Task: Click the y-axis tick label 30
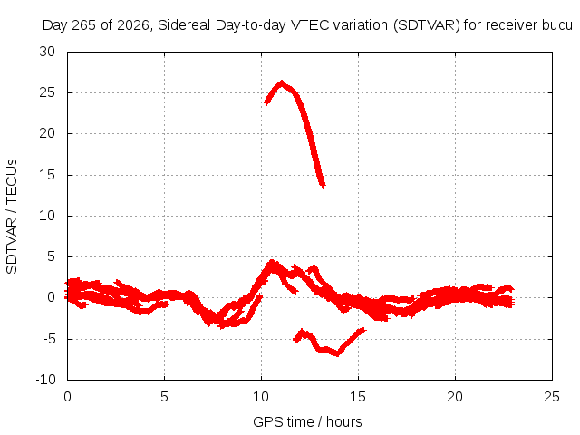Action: [47, 52]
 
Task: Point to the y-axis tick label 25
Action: [47, 92]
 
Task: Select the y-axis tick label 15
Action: [47, 175]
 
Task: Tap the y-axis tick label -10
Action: [45, 380]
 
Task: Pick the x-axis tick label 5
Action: [164, 397]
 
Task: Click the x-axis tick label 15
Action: [358, 397]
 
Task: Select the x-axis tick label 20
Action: [455, 397]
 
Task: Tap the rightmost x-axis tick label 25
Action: [552, 397]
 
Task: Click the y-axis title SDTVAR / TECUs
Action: [12, 217]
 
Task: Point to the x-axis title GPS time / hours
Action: [307, 421]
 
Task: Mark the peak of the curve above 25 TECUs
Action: [282, 82]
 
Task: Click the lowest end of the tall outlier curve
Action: [323, 185]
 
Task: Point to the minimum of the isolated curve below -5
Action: [337, 354]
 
